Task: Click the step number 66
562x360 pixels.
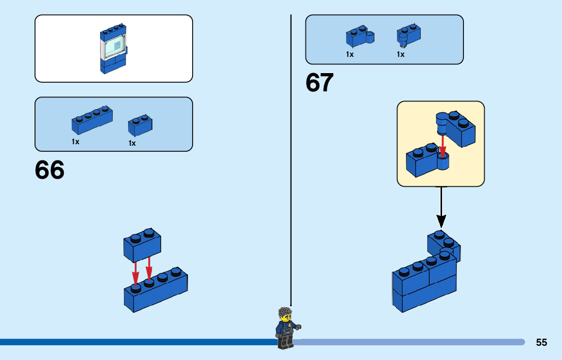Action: point(50,170)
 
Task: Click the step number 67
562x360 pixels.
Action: point(320,83)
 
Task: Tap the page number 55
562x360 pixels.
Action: point(541,343)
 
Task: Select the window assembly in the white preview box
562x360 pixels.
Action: point(114,49)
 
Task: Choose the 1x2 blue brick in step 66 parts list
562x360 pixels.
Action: point(140,126)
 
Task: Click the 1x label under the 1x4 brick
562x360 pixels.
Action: point(76,142)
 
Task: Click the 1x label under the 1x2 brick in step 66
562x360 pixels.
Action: point(132,143)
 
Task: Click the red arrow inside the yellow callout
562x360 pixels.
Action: point(443,146)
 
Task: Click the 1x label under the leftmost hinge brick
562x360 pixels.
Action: point(350,54)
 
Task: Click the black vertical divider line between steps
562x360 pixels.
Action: point(291,152)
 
